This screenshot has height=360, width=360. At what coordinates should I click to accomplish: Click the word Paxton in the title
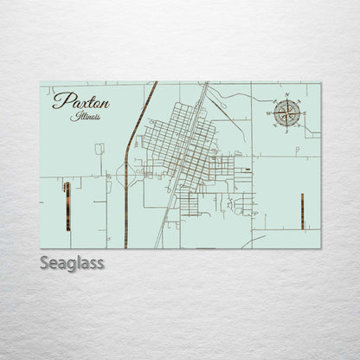coord(80,102)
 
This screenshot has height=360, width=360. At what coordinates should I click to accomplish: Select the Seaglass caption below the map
coord(73,262)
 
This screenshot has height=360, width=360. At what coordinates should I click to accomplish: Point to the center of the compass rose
coord(287,112)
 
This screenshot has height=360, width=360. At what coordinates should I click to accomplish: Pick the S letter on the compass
coord(287,130)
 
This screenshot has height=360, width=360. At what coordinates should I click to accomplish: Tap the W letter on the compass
coord(270,112)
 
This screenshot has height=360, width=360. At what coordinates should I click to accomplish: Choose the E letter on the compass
coord(305,112)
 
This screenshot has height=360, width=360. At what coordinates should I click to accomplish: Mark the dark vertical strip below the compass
coord(302,211)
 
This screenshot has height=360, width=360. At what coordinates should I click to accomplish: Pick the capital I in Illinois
coord(76,115)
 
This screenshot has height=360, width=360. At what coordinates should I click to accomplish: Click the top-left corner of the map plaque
coord(41,83)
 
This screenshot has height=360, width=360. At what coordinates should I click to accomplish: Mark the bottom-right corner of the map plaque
coord(320,248)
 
